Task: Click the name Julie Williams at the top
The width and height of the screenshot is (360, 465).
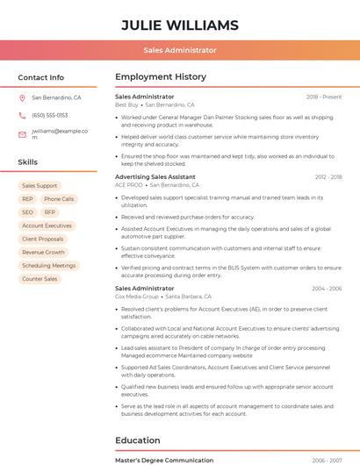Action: [x=179, y=24]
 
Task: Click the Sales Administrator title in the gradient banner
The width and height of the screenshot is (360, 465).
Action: [x=179, y=50]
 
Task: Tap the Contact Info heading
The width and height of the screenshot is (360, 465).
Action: [x=40, y=77]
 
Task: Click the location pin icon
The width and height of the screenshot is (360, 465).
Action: [x=22, y=97]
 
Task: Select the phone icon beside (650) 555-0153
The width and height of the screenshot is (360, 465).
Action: [x=22, y=115]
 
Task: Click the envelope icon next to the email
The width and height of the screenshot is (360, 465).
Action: [x=22, y=134]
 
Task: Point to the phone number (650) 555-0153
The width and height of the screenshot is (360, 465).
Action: [x=49, y=115]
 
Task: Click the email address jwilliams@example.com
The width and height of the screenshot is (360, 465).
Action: [x=60, y=133]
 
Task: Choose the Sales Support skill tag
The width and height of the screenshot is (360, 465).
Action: [x=40, y=186]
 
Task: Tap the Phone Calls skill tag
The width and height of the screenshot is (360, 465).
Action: [x=59, y=199]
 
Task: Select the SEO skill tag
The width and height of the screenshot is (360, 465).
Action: [x=27, y=212]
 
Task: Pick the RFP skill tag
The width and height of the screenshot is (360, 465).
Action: [x=50, y=212]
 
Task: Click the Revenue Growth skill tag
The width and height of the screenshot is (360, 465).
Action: [x=43, y=252]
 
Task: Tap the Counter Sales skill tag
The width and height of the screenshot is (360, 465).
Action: [x=40, y=279]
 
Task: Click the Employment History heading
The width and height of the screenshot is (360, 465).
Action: [x=161, y=77]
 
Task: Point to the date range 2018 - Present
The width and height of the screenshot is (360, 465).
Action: [x=324, y=97]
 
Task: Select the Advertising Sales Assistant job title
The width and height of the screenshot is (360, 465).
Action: [x=155, y=176]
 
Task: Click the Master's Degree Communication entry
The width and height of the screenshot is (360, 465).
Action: [x=164, y=460]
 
